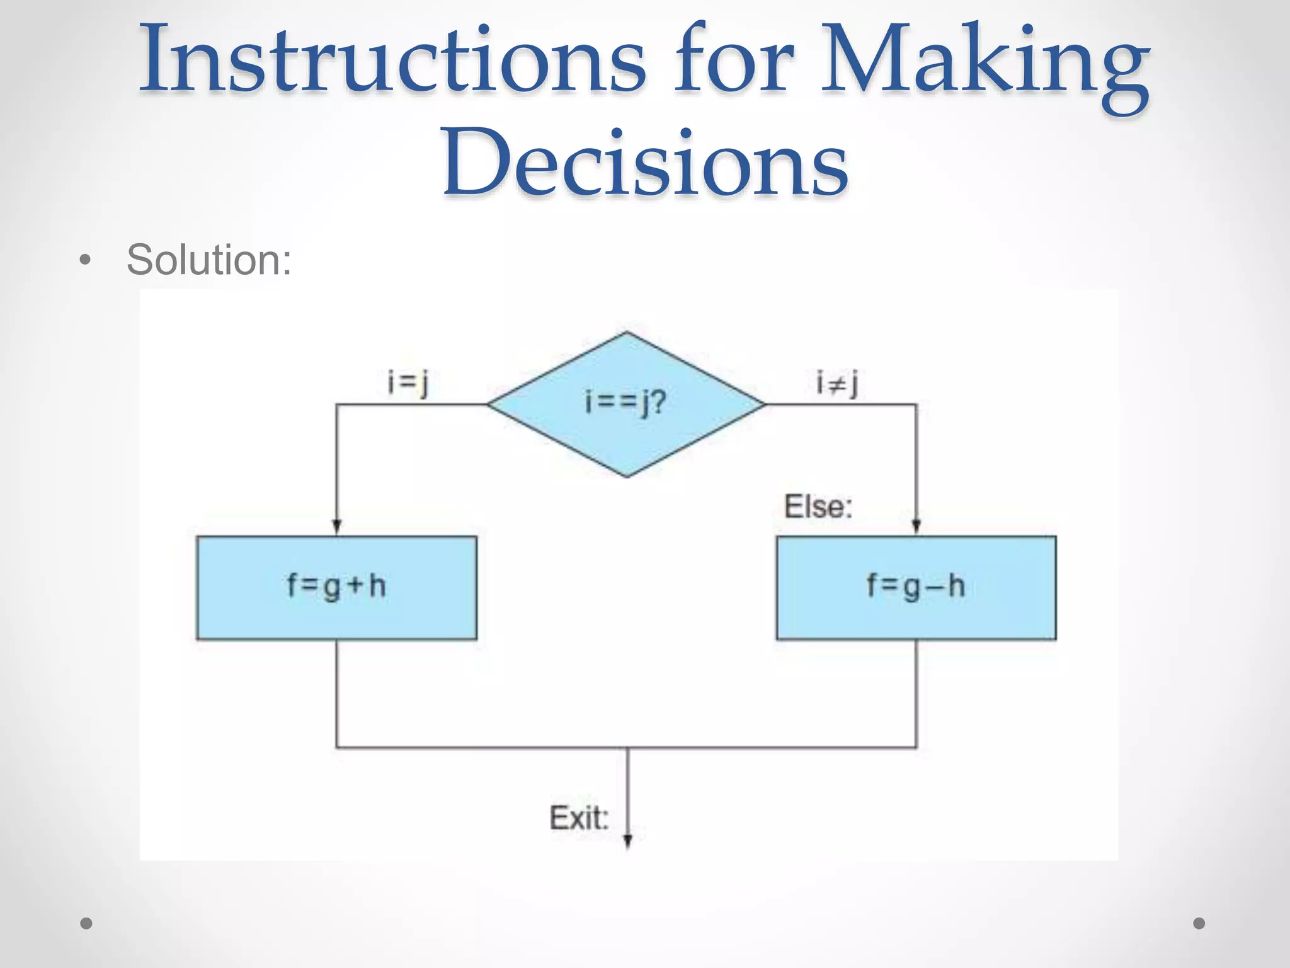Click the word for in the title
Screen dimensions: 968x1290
[x=734, y=60]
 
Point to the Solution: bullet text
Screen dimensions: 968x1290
[x=208, y=260]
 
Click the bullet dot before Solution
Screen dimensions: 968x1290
[x=86, y=260]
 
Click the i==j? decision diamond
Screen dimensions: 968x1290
[x=626, y=404]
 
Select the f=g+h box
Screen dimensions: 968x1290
[x=336, y=587]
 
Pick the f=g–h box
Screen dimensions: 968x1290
[x=916, y=587]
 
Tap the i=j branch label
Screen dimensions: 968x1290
[x=408, y=383]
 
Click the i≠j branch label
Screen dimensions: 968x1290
[x=836, y=383]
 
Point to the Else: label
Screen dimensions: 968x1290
[x=818, y=507]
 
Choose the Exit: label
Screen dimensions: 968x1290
[x=579, y=818]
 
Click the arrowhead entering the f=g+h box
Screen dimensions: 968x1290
[x=336, y=527]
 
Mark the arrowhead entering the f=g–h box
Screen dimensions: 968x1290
[x=916, y=527]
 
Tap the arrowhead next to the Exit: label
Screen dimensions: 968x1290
[x=627, y=842]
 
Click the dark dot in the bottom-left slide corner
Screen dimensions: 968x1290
[x=86, y=923]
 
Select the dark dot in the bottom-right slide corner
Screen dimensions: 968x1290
[x=1199, y=923]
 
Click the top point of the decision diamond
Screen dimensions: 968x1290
[x=626, y=333]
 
